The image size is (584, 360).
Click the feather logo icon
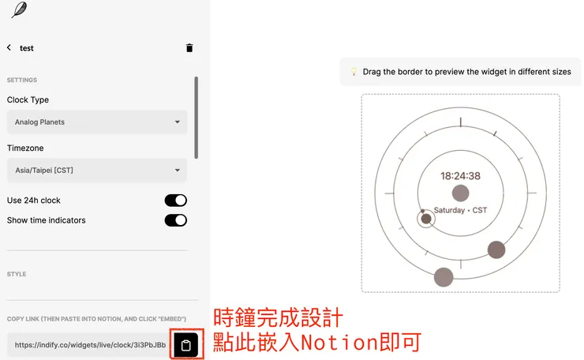(19, 10)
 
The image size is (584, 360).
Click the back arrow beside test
(9, 47)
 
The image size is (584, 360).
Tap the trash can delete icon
(189, 48)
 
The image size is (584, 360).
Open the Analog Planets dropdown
(97, 122)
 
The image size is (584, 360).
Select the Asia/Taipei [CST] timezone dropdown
(97, 170)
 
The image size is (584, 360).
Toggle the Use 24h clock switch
(176, 201)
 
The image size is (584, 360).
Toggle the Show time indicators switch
(176, 220)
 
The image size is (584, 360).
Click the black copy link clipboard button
(186, 345)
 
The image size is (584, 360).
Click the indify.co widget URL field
(88, 345)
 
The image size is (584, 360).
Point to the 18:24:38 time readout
(460, 176)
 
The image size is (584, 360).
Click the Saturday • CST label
(461, 210)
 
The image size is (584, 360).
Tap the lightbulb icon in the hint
(354, 72)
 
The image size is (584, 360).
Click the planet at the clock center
(460, 193)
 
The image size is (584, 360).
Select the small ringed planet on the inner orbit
(426, 219)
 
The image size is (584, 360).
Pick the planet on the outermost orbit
(444, 277)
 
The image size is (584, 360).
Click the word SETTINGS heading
(22, 81)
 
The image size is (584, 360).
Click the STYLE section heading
(17, 275)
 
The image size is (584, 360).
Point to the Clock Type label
(28, 100)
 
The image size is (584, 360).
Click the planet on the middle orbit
(496, 250)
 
